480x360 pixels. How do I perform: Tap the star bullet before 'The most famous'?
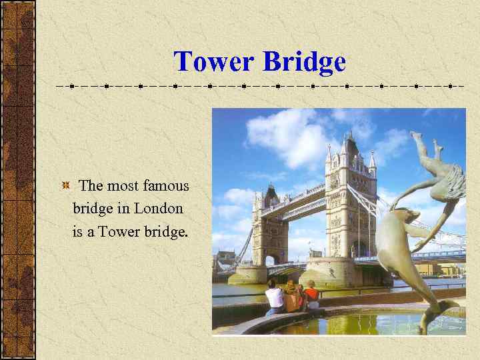tap(66, 185)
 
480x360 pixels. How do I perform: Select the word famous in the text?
tap(166, 186)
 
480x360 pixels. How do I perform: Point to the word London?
tap(159, 208)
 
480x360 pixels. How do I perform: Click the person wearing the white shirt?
tap(275, 298)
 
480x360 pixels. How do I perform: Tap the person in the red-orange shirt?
tap(311, 295)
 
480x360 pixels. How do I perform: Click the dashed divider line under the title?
tap(260, 86)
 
